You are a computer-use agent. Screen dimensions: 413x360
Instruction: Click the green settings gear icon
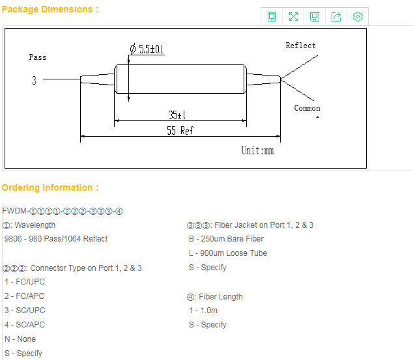click(358, 16)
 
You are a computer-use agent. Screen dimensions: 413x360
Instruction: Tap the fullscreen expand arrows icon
click(293, 16)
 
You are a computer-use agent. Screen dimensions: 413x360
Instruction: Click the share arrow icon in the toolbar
click(336, 16)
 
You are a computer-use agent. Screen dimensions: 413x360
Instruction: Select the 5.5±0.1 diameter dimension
click(147, 49)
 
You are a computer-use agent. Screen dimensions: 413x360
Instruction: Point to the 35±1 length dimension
click(177, 115)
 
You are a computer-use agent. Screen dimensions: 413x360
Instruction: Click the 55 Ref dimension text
click(180, 130)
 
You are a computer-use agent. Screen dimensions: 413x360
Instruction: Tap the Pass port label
click(37, 57)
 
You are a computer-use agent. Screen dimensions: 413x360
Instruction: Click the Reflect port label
click(300, 46)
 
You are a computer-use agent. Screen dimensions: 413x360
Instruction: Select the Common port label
click(307, 108)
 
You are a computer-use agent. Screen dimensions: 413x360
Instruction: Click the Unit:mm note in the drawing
click(257, 150)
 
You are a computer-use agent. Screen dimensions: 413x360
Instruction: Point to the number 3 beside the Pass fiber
click(34, 80)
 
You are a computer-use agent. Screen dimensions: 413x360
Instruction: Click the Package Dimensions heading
click(50, 9)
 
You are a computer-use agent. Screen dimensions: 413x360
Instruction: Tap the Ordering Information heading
click(50, 187)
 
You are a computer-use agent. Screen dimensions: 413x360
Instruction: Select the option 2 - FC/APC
click(24, 296)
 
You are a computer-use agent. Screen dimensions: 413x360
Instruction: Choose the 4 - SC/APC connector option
click(25, 324)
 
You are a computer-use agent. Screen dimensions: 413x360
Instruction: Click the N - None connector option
click(20, 339)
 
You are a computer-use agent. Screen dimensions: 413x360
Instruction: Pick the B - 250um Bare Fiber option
click(226, 239)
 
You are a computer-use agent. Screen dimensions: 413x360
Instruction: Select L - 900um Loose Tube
click(228, 253)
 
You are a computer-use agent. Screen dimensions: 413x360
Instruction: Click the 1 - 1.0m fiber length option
click(203, 311)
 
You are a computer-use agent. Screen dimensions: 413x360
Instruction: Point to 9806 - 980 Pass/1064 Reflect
click(56, 239)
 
